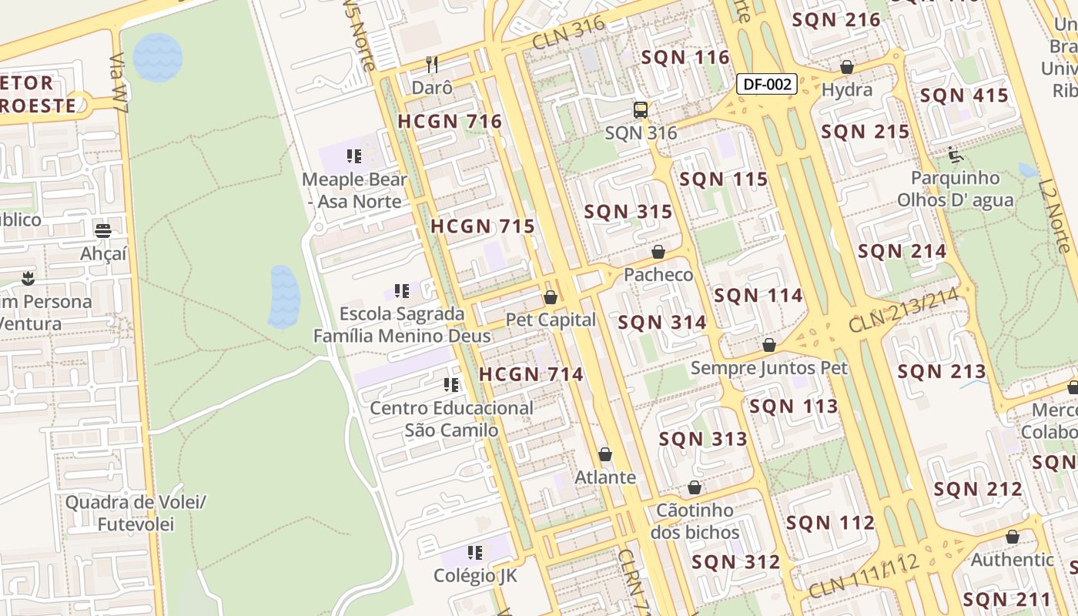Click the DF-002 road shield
click(x=766, y=84)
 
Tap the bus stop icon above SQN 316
click(x=641, y=110)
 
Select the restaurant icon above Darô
click(x=432, y=65)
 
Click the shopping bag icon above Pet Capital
click(x=551, y=297)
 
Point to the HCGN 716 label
click(x=450, y=121)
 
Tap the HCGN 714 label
click(x=531, y=374)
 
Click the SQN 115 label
click(x=724, y=179)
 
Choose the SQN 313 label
click(x=703, y=439)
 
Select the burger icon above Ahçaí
click(x=103, y=230)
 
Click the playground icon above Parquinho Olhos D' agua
click(x=956, y=156)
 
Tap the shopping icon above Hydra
click(x=847, y=68)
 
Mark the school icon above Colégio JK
click(x=475, y=553)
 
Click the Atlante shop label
click(x=605, y=477)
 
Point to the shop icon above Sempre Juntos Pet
click(x=768, y=345)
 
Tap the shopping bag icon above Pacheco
click(x=658, y=252)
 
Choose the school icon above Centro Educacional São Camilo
click(x=451, y=385)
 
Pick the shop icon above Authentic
click(x=1012, y=537)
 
